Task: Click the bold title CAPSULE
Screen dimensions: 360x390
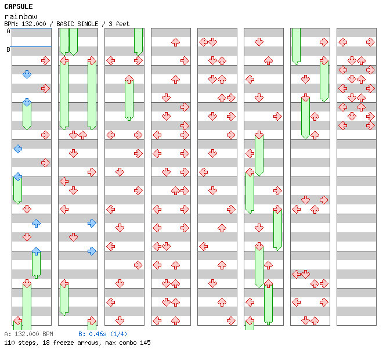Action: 18,6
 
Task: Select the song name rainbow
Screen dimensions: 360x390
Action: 20,16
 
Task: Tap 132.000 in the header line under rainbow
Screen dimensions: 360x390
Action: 32,24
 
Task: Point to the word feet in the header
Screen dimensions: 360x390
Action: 122,24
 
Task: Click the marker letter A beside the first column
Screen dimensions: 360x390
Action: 8,31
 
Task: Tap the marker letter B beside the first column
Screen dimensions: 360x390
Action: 8,49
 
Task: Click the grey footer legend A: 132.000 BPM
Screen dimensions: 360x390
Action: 28,334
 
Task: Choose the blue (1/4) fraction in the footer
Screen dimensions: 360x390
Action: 117,334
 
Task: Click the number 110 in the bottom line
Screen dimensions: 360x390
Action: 9,343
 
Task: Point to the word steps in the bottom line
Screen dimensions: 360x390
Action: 27,343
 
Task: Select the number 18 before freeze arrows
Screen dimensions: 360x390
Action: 44,343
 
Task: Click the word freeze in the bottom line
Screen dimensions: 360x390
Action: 60,343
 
